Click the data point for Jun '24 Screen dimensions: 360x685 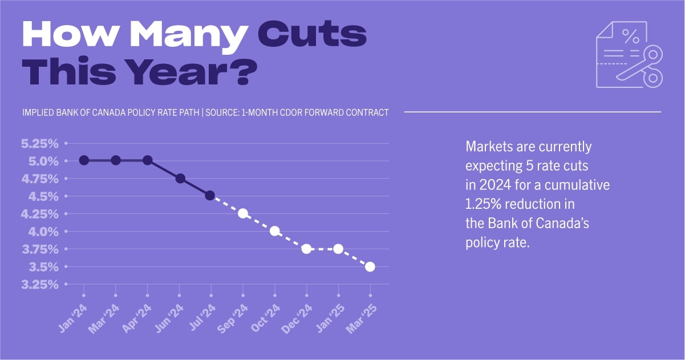click(x=180, y=179)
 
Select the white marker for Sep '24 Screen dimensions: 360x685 click(x=243, y=213)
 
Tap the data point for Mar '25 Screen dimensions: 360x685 click(x=370, y=266)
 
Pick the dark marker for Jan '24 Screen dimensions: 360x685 click(x=84, y=160)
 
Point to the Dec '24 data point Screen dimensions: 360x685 click(x=306, y=249)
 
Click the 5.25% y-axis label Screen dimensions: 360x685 click(x=40, y=143)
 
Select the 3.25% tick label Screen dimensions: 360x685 click(x=40, y=284)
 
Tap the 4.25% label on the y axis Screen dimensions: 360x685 click(x=40, y=214)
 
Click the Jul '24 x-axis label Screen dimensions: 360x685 click(x=203, y=317)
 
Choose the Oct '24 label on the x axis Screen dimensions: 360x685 click(x=266, y=317)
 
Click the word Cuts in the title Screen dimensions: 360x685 click(x=312, y=36)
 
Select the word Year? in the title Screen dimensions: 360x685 click(x=192, y=73)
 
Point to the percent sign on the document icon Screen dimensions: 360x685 click(x=630, y=38)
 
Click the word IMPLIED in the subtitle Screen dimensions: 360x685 click(x=39, y=112)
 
